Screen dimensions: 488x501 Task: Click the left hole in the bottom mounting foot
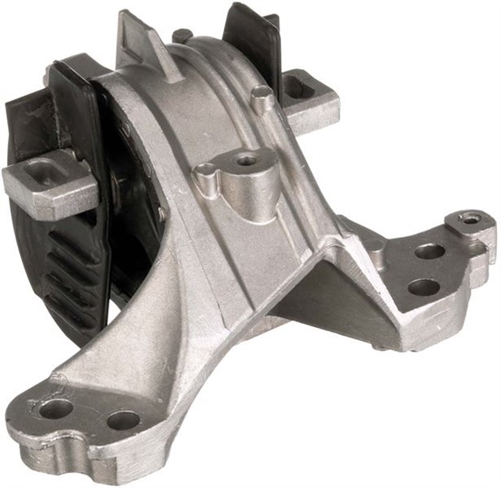point(57,407)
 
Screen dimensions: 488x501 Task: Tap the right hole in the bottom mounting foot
point(123,421)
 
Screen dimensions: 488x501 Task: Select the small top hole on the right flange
point(470,220)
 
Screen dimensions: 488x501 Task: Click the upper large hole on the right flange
point(430,252)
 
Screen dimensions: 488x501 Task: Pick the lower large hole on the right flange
point(424,287)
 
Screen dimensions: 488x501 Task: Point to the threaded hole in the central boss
point(247,161)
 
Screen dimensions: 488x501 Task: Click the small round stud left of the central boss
point(206,169)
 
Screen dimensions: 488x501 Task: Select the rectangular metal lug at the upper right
point(310,99)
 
